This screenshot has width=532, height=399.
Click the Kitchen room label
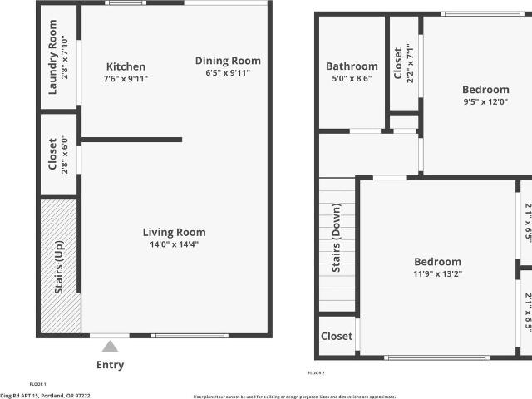click(126, 66)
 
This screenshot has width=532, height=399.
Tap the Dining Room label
click(228, 61)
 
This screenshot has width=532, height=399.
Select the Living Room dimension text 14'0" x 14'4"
click(174, 244)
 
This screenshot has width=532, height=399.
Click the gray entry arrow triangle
click(111, 347)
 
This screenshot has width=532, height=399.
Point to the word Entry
click(111, 365)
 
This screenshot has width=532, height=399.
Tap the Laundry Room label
click(52, 57)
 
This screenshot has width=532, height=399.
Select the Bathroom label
click(352, 66)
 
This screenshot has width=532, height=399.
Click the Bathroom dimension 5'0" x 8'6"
click(352, 78)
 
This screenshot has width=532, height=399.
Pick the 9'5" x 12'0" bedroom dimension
click(485, 101)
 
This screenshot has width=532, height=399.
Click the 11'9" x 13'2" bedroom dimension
click(437, 273)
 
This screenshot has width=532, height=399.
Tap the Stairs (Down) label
click(337, 244)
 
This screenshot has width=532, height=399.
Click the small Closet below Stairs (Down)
click(337, 337)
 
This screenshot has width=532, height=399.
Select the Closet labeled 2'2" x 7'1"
click(399, 63)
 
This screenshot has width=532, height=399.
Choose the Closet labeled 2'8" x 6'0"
click(52, 155)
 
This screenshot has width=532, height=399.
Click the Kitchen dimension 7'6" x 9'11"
click(126, 79)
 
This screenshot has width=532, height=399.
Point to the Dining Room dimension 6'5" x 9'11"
click(228, 73)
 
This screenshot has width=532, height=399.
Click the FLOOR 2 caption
click(316, 373)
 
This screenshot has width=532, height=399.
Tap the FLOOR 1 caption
click(37, 384)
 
